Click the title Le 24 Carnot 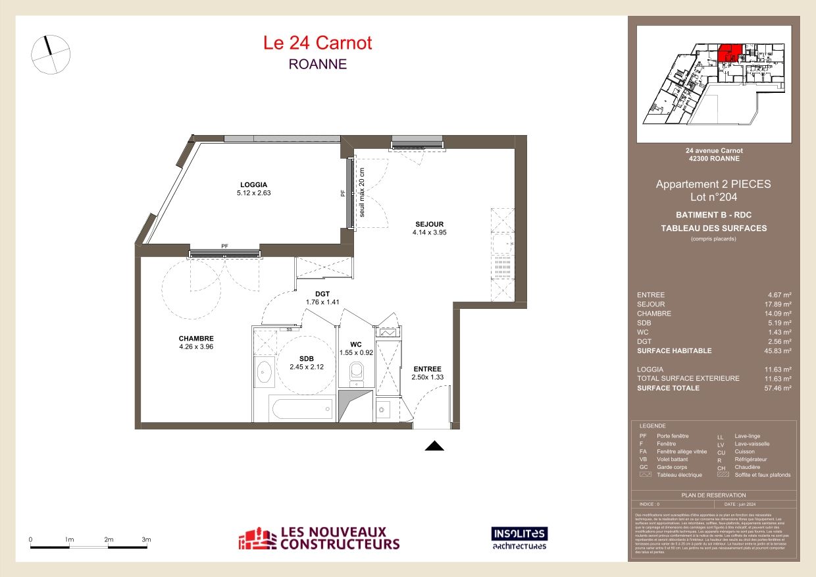point(317,43)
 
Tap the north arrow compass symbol point(51,53)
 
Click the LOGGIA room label point(253,184)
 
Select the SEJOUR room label point(429,223)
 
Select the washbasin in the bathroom point(265,371)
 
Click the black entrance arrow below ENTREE point(434,447)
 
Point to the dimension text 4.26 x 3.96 point(196,346)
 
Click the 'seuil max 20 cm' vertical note point(361,192)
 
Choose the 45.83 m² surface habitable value point(777,351)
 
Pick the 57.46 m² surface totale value point(777,388)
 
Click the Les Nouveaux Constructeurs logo point(319,538)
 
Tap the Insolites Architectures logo point(519,537)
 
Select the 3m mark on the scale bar point(146,539)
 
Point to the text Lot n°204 point(713,197)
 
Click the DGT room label point(322,294)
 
